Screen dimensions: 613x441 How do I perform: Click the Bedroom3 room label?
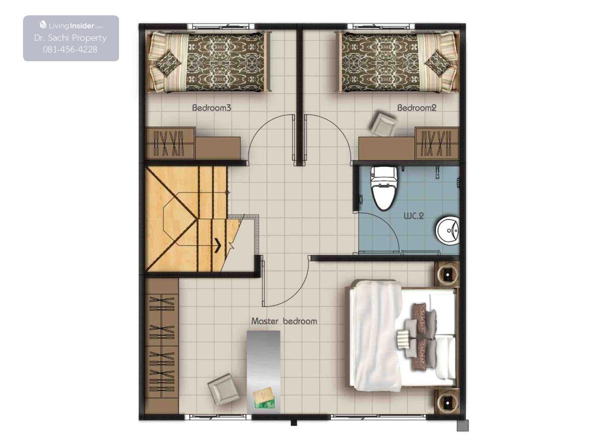211,108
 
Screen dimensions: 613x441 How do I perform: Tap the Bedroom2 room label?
417,108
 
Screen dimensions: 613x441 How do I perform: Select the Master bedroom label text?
284,321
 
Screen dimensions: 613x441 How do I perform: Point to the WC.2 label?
414,216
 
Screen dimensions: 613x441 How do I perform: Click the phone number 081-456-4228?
70,50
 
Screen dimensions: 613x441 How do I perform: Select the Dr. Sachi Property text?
70,38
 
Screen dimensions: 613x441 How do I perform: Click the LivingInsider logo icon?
43,25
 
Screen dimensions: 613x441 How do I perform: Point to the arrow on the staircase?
218,245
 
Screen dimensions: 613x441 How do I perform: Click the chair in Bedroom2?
383,124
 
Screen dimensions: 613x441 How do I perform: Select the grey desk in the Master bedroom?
264,374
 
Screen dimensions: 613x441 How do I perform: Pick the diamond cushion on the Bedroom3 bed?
167,63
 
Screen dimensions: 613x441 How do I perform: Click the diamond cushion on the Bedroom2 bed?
438,63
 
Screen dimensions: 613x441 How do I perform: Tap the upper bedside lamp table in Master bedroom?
447,274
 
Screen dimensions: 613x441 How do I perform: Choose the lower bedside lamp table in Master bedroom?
447,402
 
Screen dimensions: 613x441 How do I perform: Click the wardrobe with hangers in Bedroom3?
170,143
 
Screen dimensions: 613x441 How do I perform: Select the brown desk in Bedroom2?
387,149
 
